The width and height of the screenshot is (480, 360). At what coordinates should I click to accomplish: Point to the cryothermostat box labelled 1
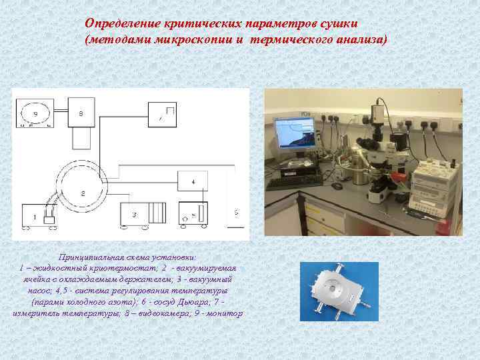(x=37, y=215)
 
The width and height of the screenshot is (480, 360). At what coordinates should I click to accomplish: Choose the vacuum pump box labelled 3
(x=143, y=215)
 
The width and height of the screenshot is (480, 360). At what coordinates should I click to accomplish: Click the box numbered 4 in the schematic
(x=194, y=181)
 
